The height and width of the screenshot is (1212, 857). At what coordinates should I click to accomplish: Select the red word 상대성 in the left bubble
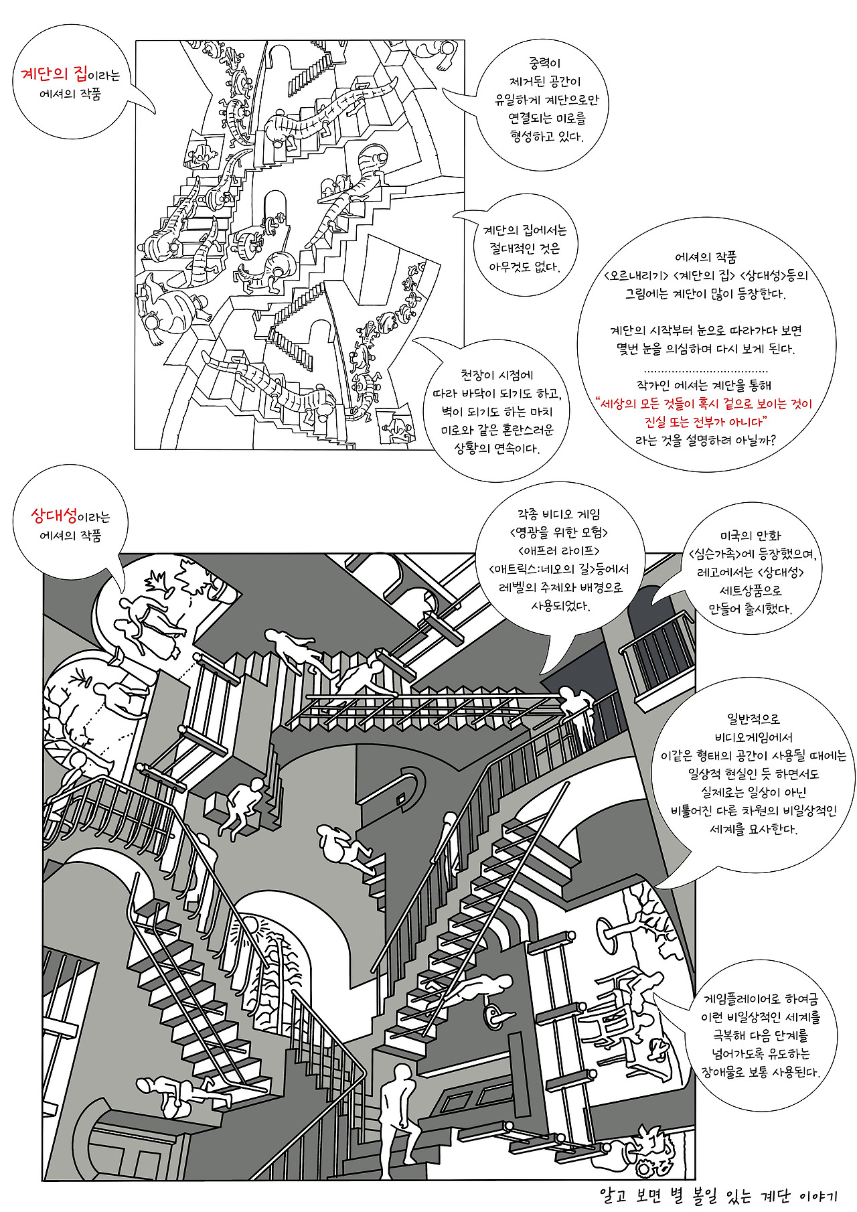[54, 515]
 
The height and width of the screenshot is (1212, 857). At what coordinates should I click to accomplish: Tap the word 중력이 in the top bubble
[544, 63]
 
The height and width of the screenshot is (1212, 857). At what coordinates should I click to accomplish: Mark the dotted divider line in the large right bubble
[706, 371]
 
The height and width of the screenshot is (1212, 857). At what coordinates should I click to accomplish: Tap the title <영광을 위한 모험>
[558, 532]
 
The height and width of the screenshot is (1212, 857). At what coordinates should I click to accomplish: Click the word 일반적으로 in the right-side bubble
[754, 719]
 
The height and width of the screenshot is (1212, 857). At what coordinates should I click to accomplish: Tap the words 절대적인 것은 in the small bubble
[524, 248]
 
